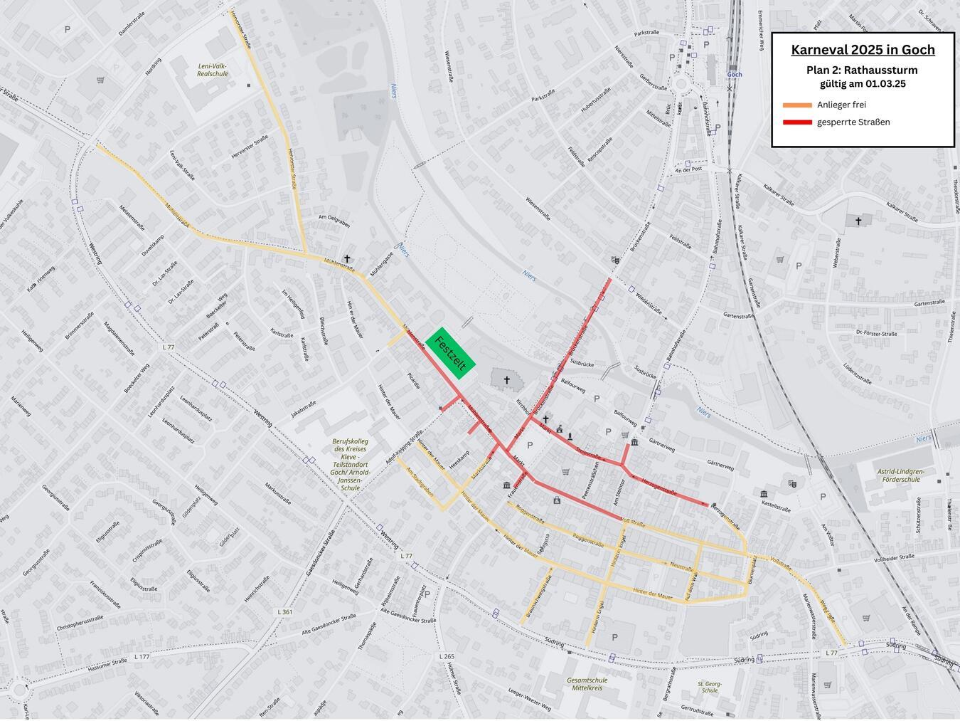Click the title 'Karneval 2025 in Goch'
(x=863, y=50)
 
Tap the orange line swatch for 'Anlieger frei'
(x=796, y=105)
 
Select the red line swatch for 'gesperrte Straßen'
(x=796, y=122)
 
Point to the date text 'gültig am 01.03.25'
(x=863, y=84)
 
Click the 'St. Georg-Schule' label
(x=709, y=687)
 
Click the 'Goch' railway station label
(x=735, y=74)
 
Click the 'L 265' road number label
(x=447, y=656)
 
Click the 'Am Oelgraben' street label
(x=334, y=221)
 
